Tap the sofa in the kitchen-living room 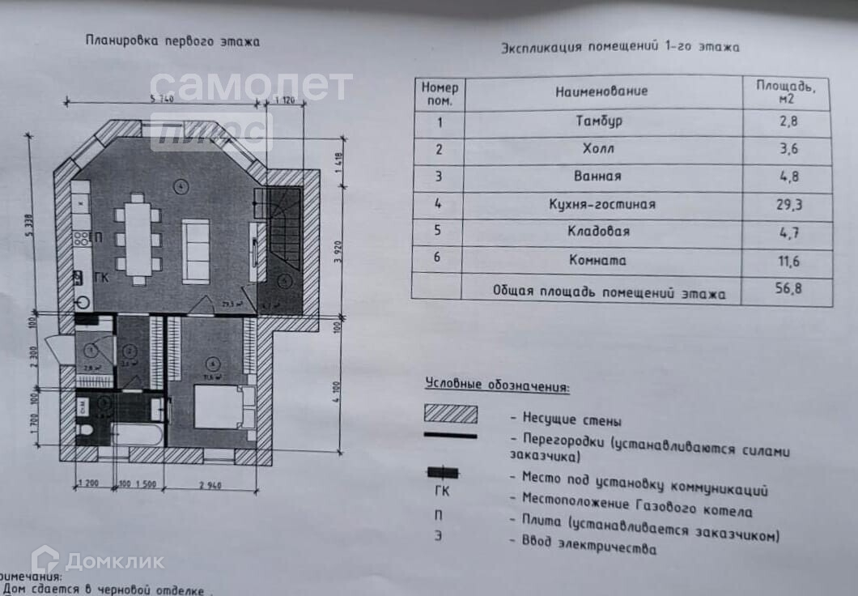click(195, 250)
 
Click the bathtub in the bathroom click(135, 435)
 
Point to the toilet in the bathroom click(84, 428)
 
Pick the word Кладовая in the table click(600, 232)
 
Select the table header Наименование click(601, 91)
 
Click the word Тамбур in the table click(599, 121)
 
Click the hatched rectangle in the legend click(451, 413)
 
